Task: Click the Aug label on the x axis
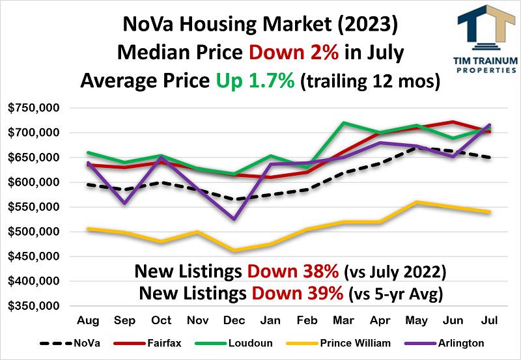point(89,321)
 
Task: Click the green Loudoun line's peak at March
point(343,122)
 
